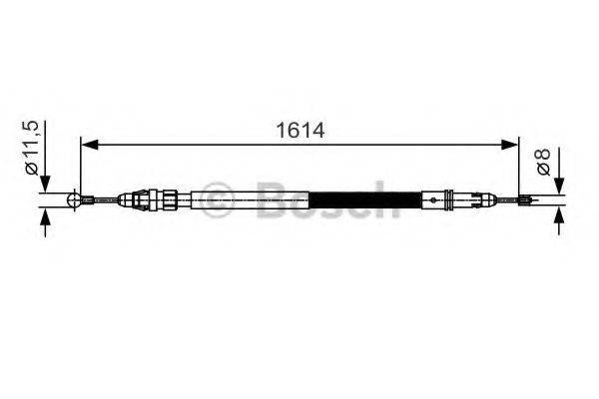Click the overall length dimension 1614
(300, 131)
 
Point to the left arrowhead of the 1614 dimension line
(87, 146)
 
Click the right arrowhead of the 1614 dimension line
(514, 146)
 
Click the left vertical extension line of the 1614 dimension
(80, 170)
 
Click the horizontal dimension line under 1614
(299, 146)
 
